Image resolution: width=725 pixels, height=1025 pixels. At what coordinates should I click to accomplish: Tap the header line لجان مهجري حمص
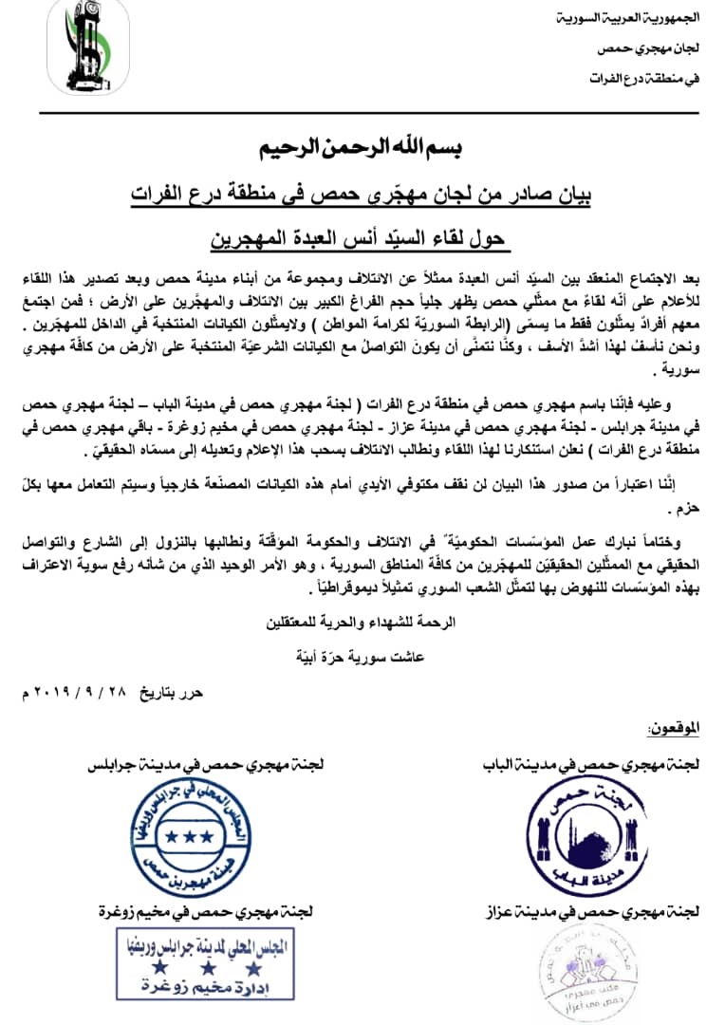pyautogui.click(x=657, y=47)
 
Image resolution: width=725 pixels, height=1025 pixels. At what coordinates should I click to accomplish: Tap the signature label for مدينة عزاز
pyautogui.click(x=596, y=911)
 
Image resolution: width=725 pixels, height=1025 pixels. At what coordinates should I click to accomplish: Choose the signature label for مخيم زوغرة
pyautogui.click(x=201, y=911)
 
